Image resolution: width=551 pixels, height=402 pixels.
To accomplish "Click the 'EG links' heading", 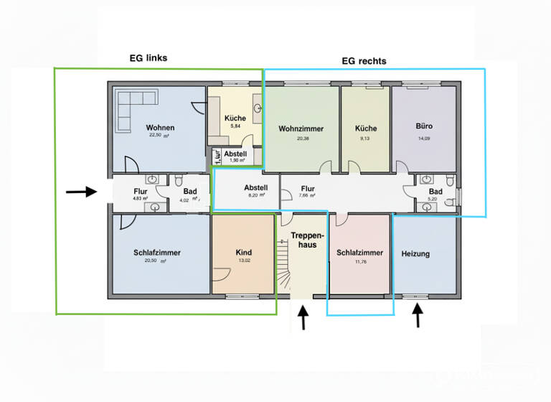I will tap(143, 58).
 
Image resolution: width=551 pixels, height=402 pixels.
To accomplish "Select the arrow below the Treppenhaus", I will tap(303, 317).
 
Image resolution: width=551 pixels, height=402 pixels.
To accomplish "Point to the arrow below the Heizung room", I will tap(418, 316).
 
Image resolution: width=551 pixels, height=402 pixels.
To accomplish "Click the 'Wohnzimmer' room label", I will tap(301, 129).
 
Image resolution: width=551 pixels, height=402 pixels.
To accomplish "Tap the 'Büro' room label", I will tap(424, 126).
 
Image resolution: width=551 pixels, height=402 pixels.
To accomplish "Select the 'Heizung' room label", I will tap(415, 254).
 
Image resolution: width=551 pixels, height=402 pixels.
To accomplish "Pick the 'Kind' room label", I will tap(244, 253).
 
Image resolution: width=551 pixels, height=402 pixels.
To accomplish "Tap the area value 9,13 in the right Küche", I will tap(365, 139).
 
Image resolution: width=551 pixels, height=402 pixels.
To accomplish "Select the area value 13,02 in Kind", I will tap(244, 261).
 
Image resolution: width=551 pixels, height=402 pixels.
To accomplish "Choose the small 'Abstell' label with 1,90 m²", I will tap(235, 154).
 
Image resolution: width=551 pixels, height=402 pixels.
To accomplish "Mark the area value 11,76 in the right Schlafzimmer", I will tap(359, 262).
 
